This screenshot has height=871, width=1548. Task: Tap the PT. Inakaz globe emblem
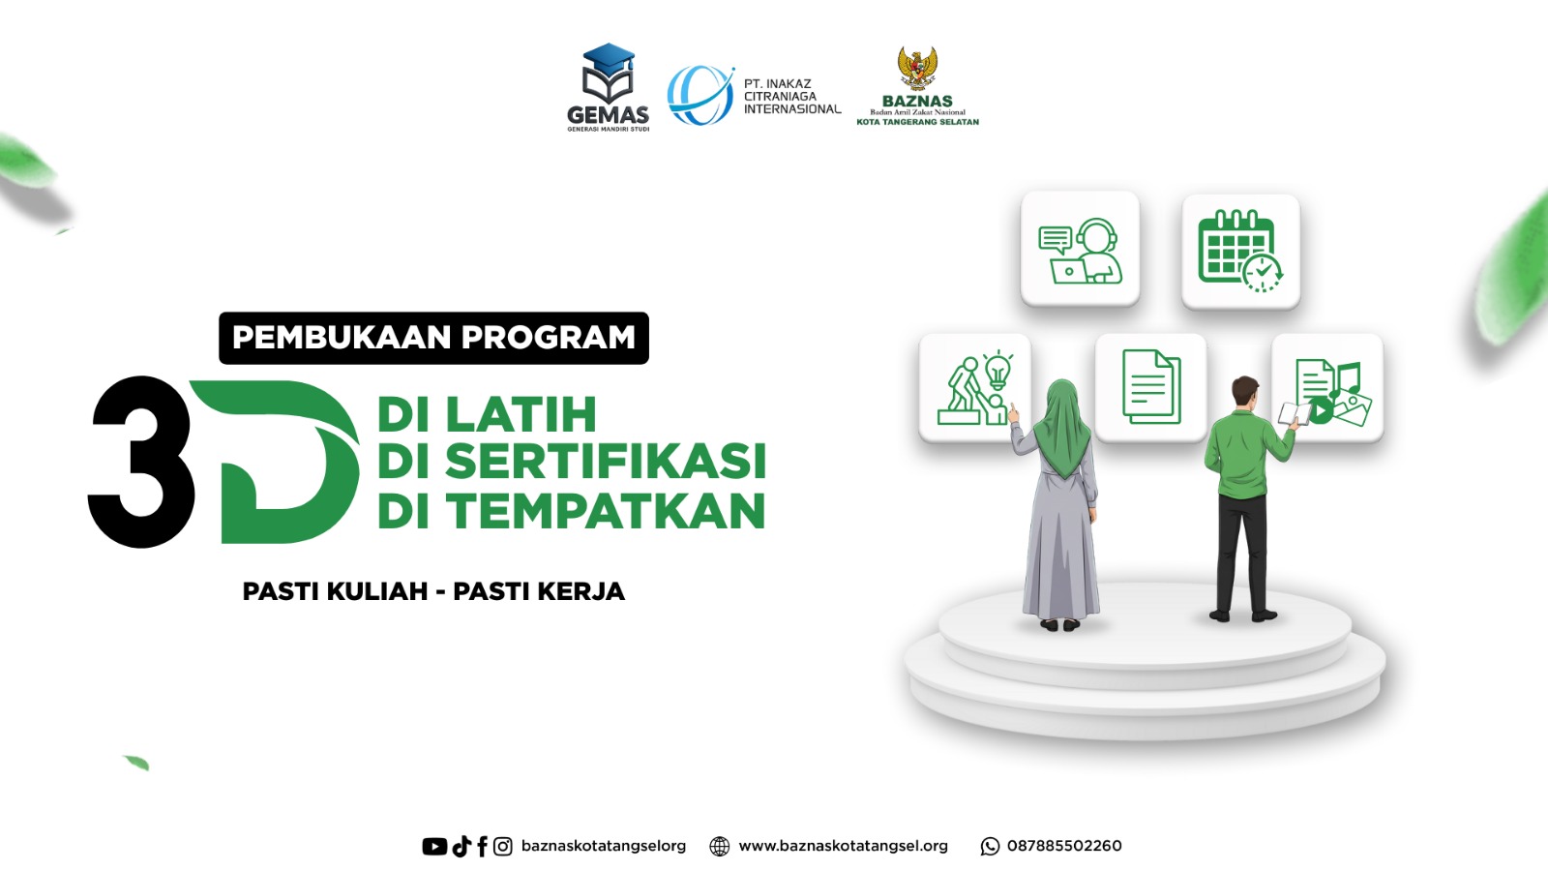point(700,96)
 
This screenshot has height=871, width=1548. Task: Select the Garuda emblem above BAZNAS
point(917,69)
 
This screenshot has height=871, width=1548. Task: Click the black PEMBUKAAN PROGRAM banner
point(434,338)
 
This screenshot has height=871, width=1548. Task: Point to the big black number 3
point(140,462)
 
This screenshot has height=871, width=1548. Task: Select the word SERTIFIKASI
point(606,461)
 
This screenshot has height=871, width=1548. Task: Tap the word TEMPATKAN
point(606,511)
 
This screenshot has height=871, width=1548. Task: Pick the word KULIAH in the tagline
point(377,591)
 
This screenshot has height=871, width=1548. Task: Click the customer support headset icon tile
point(1080,249)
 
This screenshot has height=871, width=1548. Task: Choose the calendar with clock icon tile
point(1240,251)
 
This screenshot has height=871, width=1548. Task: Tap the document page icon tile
point(1151,388)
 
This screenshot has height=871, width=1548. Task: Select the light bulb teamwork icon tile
point(974,388)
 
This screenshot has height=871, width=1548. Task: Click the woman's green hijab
point(1062,425)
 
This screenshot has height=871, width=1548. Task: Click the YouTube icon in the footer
point(434,846)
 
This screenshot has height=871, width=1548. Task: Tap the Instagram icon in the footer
point(503,846)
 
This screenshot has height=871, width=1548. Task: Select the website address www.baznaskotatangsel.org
point(843,846)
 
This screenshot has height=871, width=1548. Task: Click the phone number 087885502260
point(1064,846)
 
